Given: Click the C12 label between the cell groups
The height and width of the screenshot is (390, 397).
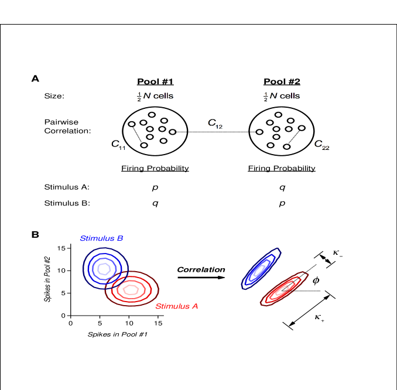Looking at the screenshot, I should click(215, 123).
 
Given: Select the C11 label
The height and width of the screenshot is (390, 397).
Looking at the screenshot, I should click(118, 144).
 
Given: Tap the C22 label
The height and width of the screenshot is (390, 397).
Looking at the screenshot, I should click(321, 144).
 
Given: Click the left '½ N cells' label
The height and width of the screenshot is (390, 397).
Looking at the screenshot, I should click(155, 96).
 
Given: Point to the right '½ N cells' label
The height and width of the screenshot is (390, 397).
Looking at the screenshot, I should click(281, 96).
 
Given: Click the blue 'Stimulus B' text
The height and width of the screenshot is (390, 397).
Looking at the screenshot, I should click(101, 238).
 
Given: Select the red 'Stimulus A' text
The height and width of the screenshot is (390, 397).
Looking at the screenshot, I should click(176, 306).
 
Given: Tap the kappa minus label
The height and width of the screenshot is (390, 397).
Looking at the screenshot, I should click(337, 253).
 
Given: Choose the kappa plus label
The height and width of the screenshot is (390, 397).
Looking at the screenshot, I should click(319, 317).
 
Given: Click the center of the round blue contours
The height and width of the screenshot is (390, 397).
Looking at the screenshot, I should click(104, 269).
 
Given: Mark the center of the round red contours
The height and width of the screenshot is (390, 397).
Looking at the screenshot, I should click(131, 289).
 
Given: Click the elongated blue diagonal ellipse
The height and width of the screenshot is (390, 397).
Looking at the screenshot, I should click(260, 269).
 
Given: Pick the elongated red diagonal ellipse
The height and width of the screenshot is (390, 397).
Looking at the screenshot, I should click(283, 289).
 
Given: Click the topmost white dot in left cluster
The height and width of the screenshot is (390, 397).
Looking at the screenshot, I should click(152, 115).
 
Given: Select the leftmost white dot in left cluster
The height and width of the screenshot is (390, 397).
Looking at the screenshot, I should click(132, 124).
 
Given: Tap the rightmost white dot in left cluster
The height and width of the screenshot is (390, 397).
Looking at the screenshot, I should click(172, 132).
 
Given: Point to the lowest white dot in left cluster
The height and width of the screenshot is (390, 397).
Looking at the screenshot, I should click(144, 145).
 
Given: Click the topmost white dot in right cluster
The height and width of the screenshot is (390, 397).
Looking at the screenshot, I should click(278, 115).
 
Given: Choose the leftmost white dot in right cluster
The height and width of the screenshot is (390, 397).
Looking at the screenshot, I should click(259, 132).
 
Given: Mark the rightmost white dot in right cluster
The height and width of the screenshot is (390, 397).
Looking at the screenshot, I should click(302, 128).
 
